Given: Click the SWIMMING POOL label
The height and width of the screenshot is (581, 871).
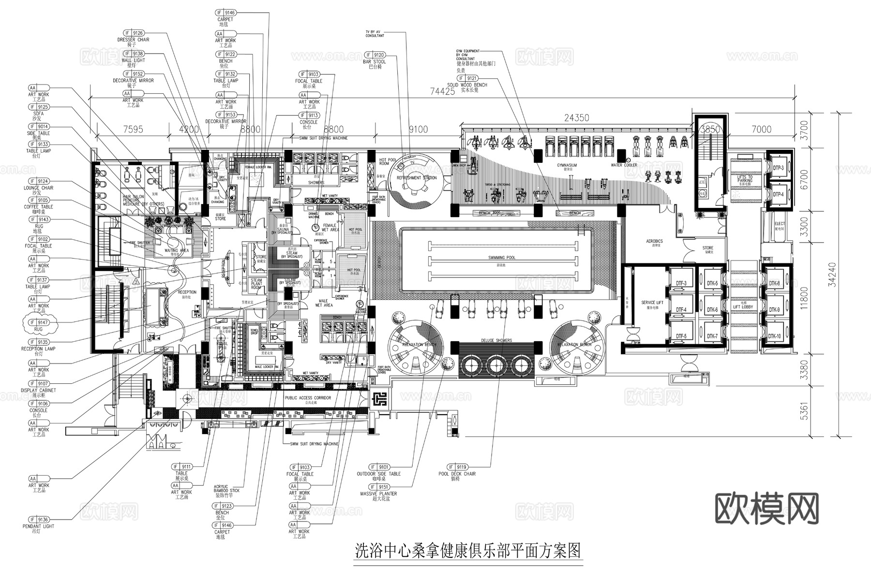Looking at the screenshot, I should tap(502, 258).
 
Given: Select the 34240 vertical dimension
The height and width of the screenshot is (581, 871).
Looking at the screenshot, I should tap(832, 274).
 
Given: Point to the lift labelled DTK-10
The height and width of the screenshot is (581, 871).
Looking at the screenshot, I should tap(774, 336).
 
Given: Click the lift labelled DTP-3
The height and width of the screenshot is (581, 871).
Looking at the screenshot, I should tap(778, 168).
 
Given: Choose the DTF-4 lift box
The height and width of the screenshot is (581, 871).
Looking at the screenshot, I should tap(681, 309).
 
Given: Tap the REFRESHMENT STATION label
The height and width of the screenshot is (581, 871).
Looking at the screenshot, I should tap(416, 178).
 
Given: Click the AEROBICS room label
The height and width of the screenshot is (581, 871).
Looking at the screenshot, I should tap(654, 241).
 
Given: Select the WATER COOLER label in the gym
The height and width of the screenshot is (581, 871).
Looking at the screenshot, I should tap(624, 165).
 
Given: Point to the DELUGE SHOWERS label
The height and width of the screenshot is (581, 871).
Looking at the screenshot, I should tap(496, 341).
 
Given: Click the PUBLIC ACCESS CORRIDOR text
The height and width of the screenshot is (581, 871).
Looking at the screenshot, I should tap(308, 398).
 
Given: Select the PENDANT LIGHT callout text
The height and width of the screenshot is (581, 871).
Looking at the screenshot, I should tap(39, 526).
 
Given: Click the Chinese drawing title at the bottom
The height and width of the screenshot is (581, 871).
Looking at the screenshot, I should tap(467, 551).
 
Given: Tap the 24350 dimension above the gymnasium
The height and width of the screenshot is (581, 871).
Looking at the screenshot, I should tap(576, 118).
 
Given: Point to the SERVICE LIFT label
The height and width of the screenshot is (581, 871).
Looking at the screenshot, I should tap(652, 303).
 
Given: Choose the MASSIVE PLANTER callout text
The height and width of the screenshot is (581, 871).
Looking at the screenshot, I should tap(378, 494).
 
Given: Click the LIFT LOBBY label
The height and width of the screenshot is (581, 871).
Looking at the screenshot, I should tap(743, 307).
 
